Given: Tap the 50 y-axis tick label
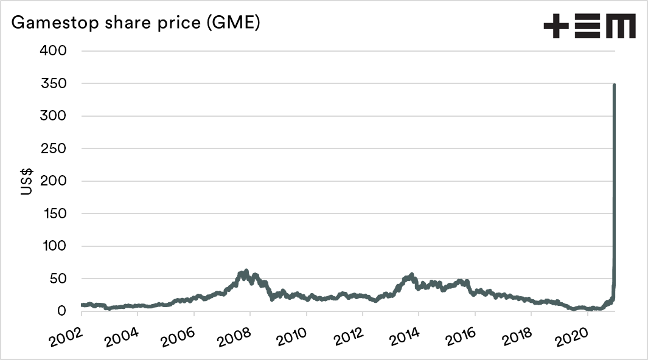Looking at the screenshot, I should click(60, 279).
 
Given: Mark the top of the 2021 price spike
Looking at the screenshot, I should click(614, 86).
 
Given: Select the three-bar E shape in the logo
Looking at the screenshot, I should click(587, 27).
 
